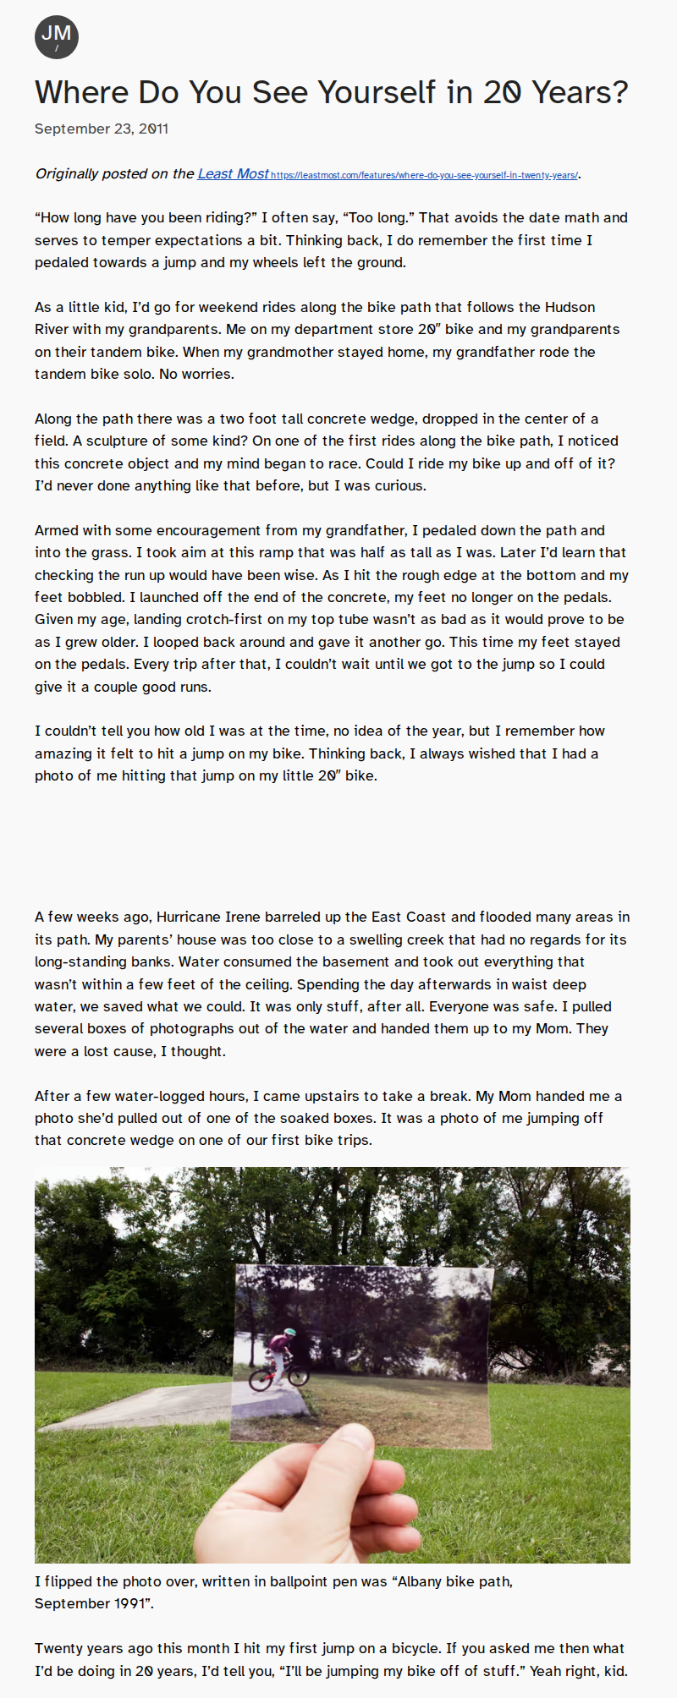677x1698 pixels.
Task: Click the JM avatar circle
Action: (57, 37)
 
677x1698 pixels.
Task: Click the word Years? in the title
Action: (580, 92)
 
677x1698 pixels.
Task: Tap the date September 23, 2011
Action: (102, 129)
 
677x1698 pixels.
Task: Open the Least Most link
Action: (233, 173)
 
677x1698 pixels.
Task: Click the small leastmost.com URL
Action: (424, 175)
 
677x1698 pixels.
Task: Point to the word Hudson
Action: (570, 307)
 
